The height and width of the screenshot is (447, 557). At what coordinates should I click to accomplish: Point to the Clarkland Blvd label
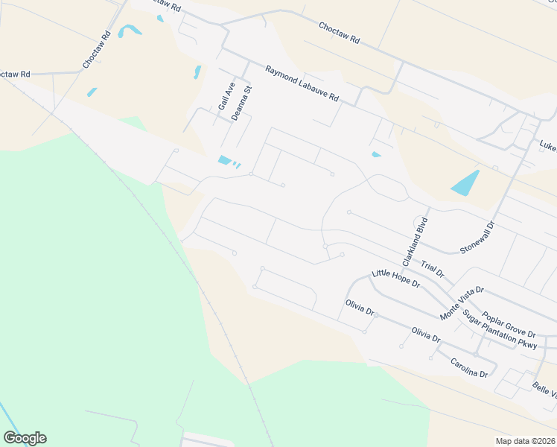(416, 241)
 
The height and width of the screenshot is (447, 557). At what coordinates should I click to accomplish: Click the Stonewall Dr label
(477, 238)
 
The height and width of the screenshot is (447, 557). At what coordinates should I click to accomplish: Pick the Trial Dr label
(432, 269)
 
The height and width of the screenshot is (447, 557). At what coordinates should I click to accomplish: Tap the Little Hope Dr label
(396, 279)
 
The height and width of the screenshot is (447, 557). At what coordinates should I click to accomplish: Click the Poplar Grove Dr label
(509, 323)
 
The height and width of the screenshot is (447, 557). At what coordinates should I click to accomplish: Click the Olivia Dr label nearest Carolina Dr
(425, 335)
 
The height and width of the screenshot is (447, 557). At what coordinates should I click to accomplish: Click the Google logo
(25, 438)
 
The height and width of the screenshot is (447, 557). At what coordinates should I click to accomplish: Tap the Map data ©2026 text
(524, 440)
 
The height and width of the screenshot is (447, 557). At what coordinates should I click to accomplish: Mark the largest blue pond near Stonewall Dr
(465, 183)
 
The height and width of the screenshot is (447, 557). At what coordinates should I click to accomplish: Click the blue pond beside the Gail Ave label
(197, 72)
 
